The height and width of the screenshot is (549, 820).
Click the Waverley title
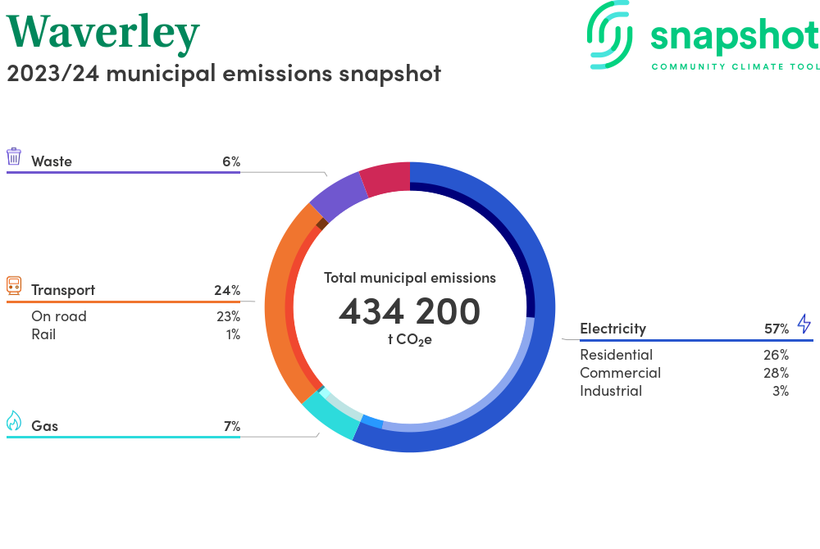[x=103, y=33]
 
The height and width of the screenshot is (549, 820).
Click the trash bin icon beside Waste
[x=14, y=157]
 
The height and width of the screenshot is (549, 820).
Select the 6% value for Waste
[x=230, y=161]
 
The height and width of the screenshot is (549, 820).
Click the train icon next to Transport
[x=14, y=285]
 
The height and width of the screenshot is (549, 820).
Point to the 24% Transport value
[x=226, y=290]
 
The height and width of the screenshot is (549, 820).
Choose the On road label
[x=59, y=316]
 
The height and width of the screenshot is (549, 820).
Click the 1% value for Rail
[x=233, y=334]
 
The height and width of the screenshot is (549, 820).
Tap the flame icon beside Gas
[x=14, y=421]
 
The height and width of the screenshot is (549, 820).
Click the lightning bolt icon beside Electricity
[x=804, y=324]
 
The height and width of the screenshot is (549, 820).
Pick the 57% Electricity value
[x=777, y=329]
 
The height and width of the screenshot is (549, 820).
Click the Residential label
[x=616, y=355]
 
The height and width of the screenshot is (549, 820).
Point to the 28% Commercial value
[x=776, y=373]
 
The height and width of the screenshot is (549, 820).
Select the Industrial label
[x=611, y=391]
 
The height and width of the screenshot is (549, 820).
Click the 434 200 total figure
[x=410, y=311]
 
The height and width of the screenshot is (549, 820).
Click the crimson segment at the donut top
[x=385, y=179]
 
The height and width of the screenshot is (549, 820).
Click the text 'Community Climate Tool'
[x=735, y=66]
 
